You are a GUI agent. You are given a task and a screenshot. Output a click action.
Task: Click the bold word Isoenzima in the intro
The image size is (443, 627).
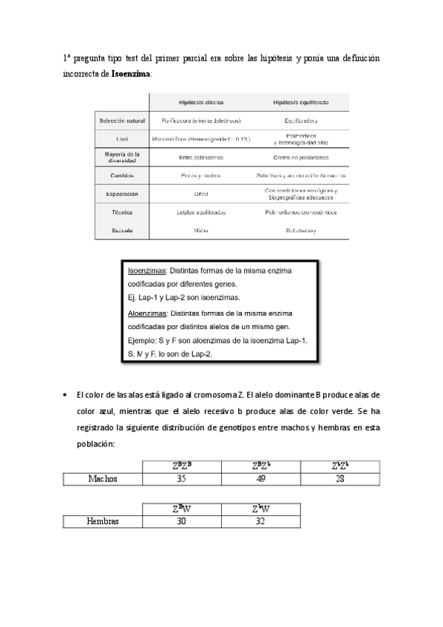tap(131, 75)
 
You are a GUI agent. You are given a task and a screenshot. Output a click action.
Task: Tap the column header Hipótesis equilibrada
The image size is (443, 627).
tap(301, 102)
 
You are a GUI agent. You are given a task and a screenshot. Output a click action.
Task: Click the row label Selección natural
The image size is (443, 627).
tap(123, 121)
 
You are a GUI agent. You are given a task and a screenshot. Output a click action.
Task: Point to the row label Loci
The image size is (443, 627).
tap(123, 138)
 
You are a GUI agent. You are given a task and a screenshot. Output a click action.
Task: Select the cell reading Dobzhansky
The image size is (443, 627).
tap(301, 231)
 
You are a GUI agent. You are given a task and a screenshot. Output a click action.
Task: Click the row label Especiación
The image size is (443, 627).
tap(123, 194)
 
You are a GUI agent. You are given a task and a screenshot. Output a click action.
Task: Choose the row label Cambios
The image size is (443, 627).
tap(123, 175)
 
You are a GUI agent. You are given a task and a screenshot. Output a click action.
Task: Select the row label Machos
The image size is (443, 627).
tap(102, 478)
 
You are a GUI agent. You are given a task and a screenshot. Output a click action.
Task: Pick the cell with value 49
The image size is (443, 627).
tap(261, 478)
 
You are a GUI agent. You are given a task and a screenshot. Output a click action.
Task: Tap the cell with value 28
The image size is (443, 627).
tap(340, 478)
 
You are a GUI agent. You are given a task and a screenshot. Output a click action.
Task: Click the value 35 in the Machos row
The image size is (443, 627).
tap(181, 478)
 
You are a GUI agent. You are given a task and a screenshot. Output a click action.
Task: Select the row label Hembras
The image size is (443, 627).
tap(102, 521)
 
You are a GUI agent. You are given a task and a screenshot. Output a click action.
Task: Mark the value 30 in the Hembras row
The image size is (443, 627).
tap(181, 521)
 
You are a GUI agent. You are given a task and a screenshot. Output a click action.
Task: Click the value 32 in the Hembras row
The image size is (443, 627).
tap(261, 521)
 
